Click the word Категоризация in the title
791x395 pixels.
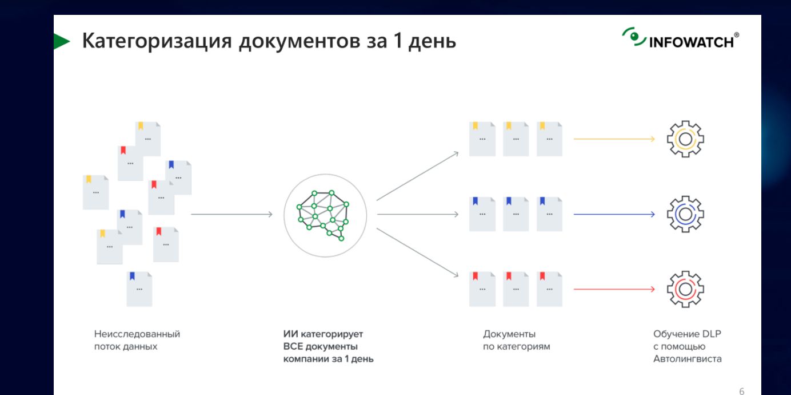[157, 41]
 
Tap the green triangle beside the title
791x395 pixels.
[62, 41]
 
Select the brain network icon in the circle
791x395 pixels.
[323, 215]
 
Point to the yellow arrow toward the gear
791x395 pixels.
[614, 139]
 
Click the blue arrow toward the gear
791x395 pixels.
[614, 214]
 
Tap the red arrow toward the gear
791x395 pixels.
[614, 289]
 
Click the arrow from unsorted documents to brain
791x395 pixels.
[231, 214]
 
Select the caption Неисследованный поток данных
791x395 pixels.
[137, 340]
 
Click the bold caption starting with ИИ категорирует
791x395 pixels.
[328, 346]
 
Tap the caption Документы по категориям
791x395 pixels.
[517, 340]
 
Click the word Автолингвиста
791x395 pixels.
[687, 358]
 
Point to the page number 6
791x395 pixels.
[742, 391]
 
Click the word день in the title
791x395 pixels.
[432, 42]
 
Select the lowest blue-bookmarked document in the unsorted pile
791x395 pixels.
[139, 289]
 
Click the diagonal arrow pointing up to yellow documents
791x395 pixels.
[417, 176]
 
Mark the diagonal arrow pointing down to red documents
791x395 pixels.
[417, 252]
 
